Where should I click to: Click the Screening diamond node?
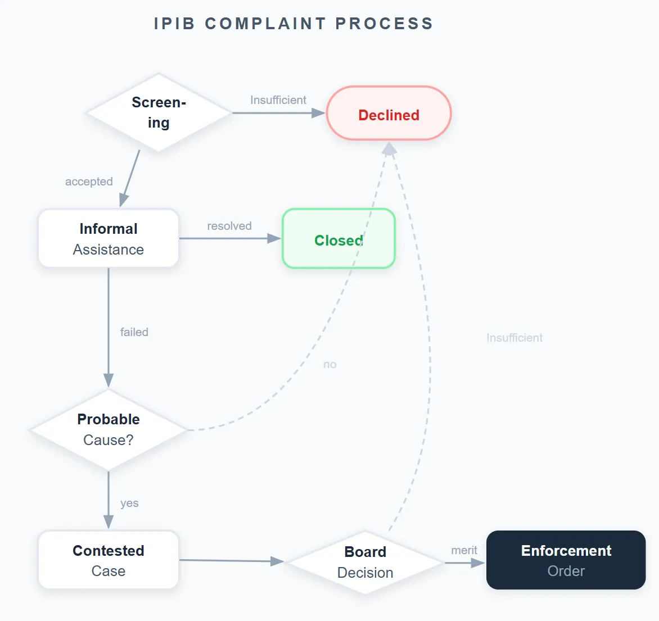click(x=159, y=112)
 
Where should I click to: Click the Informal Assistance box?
click(x=109, y=239)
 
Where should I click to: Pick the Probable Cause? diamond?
click(x=109, y=430)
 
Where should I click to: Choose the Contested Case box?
click(x=109, y=560)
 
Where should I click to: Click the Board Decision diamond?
click(x=365, y=562)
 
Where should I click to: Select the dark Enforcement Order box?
click(x=566, y=560)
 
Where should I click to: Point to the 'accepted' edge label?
click(x=89, y=182)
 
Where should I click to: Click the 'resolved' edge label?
click(x=229, y=226)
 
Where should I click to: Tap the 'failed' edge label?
click(x=134, y=332)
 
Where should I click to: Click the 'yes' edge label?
click(x=129, y=503)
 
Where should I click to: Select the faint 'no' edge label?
click(x=330, y=365)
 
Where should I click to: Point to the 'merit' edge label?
click(x=464, y=550)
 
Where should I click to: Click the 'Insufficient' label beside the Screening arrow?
click(x=278, y=100)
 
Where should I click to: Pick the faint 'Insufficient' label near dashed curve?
click(x=514, y=338)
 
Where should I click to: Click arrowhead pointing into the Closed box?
click(x=274, y=239)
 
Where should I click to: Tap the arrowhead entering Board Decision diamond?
click(x=277, y=561)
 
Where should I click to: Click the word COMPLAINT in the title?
click(x=265, y=24)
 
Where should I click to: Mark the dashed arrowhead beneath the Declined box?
click(x=389, y=148)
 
